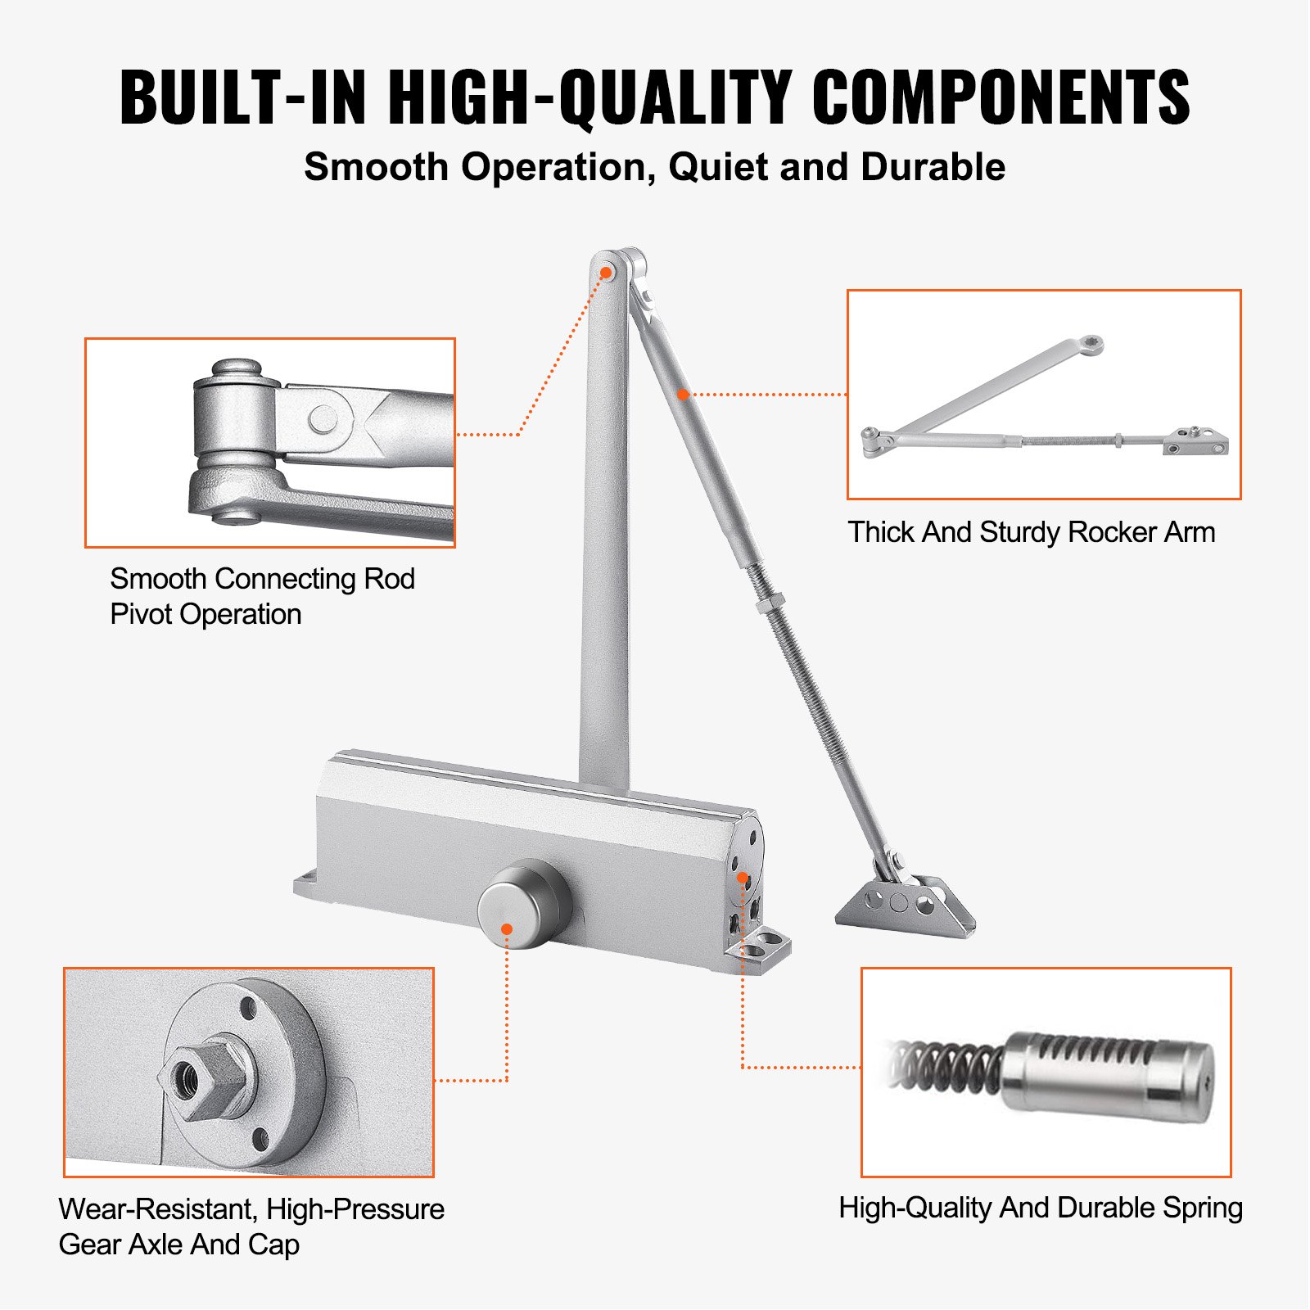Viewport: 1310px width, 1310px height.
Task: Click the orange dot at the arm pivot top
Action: (607, 273)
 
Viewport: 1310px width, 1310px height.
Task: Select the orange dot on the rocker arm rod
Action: (683, 394)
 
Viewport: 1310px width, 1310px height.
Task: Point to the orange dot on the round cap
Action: (507, 929)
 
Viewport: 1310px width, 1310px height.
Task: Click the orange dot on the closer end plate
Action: (742, 878)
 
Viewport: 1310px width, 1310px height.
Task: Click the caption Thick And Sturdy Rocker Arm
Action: (1031, 532)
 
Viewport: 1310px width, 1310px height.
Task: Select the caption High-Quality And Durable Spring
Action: (1040, 1208)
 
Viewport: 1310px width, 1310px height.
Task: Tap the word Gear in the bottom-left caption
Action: (88, 1244)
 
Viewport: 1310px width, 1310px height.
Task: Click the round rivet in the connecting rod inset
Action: (323, 420)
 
